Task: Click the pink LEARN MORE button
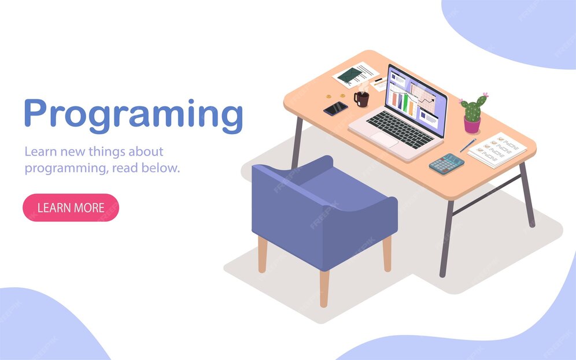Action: pyautogui.click(x=71, y=207)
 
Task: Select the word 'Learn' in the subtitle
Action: pyautogui.click(x=41, y=151)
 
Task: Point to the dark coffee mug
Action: pyautogui.click(x=361, y=99)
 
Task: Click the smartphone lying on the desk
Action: pyautogui.click(x=335, y=108)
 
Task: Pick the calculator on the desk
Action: pyautogui.click(x=446, y=164)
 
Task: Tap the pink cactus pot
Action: pyautogui.click(x=472, y=125)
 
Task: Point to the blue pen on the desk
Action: pyautogui.click(x=468, y=145)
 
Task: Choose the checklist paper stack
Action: pyautogui.click(x=498, y=149)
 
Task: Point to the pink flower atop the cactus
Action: pyautogui.click(x=485, y=95)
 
